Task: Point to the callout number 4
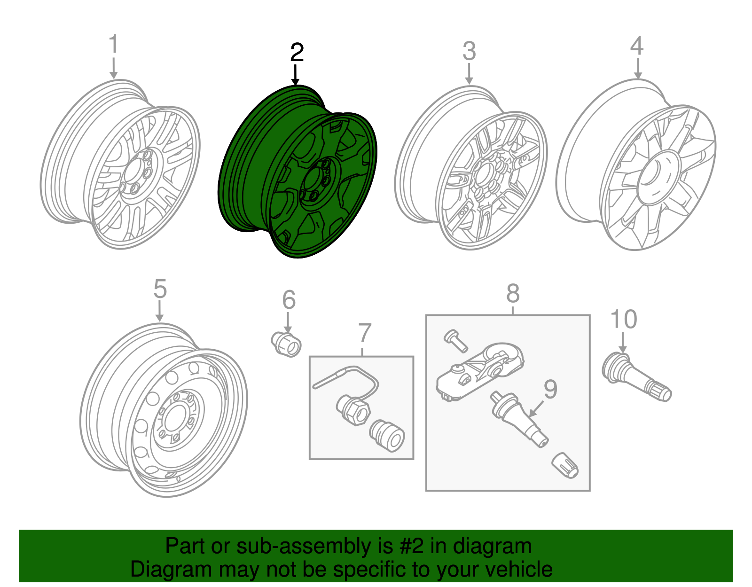pyautogui.click(x=636, y=46)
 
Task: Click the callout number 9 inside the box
pyautogui.click(x=550, y=389)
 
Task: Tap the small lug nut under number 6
pyautogui.click(x=287, y=344)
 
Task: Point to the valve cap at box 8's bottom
pyautogui.click(x=565, y=465)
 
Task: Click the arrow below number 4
pyautogui.click(x=637, y=68)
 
